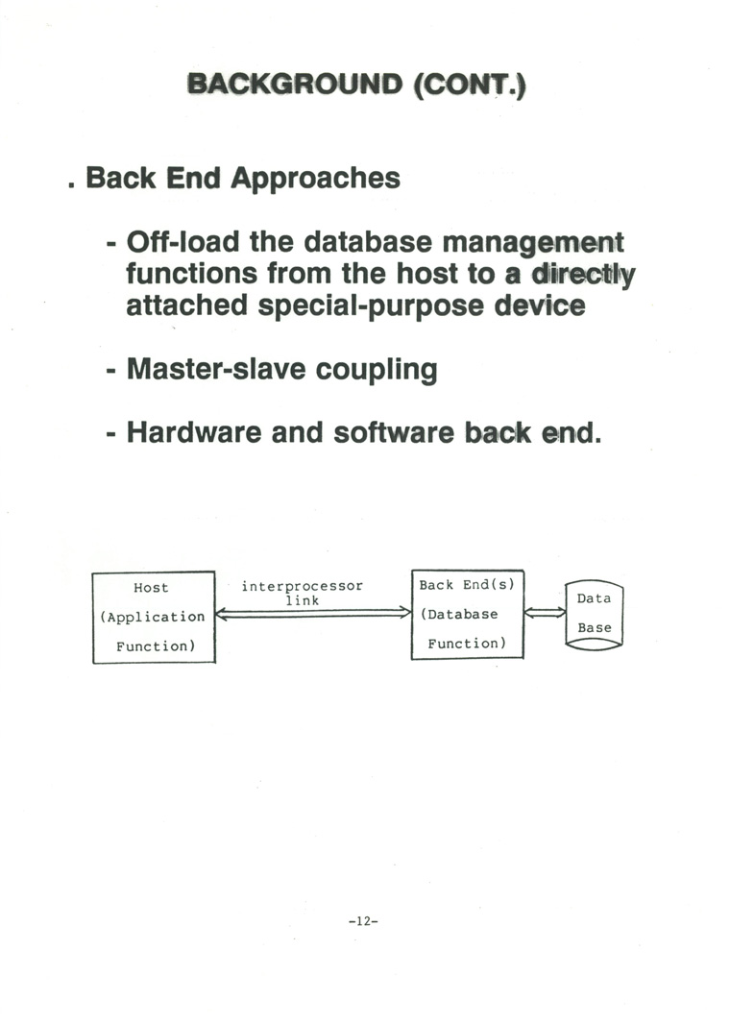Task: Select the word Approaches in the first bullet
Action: point(315,179)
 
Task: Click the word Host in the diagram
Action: point(151,588)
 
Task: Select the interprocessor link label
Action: point(302,593)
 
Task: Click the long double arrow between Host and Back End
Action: point(313,612)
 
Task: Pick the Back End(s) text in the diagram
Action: point(468,585)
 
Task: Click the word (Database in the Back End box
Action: point(459,615)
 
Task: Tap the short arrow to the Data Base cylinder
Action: point(545,612)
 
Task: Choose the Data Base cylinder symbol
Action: point(595,614)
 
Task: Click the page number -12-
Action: point(364,920)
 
